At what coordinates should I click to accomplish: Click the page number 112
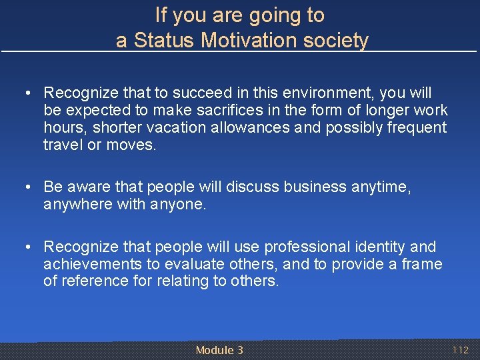click(x=461, y=350)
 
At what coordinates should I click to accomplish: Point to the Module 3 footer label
click(x=219, y=350)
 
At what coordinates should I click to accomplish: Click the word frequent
click(x=417, y=127)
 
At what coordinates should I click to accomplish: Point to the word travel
click(x=63, y=145)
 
